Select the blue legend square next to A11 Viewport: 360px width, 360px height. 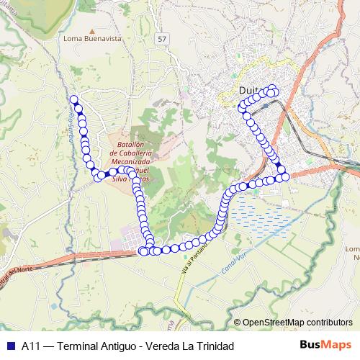click(x=10, y=346)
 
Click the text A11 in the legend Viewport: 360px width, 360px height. click(x=30, y=346)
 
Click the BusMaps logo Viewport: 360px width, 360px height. click(x=325, y=345)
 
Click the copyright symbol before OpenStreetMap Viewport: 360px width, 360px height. click(x=238, y=323)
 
